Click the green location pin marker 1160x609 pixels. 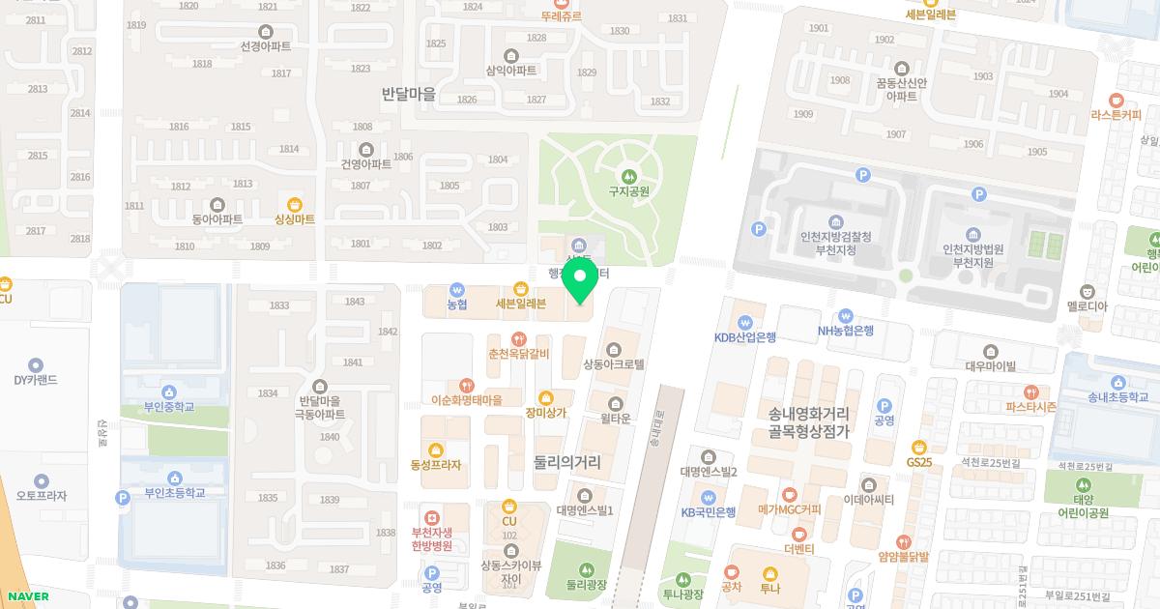click(579, 280)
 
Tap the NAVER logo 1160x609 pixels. click(25, 596)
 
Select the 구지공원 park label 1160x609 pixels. click(628, 191)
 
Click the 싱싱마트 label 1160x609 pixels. click(295, 219)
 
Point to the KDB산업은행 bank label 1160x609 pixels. click(745, 337)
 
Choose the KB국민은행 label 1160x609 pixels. click(709, 511)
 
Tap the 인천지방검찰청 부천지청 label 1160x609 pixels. click(835, 243)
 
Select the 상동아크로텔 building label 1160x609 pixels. click(613, 364)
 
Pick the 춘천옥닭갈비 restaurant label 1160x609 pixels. click(519, 354)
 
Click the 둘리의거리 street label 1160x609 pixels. click(566, 462)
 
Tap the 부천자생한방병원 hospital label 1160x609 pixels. click(431, 538)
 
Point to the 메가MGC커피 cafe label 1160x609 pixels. click(789, 509)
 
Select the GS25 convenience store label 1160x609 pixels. click(918, 462)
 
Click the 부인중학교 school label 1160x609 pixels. click(169, 407)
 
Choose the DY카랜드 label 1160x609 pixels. click(36, 380)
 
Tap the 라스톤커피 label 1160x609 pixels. click(1116, 113)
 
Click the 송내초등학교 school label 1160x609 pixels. click(1117, 396)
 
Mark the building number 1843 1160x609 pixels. click(355, 302)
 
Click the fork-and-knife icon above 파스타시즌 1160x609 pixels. click(1031, 392)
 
